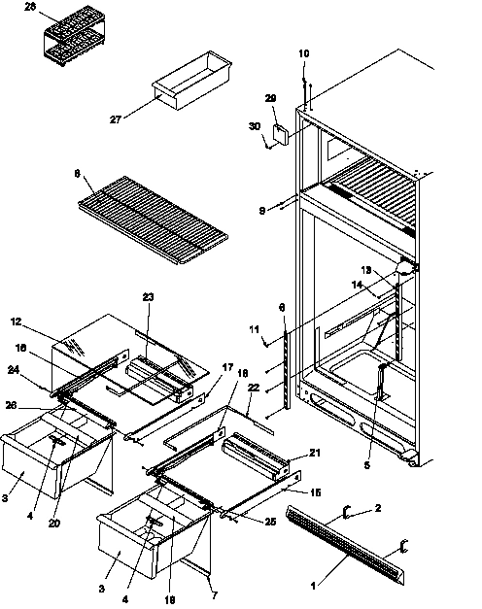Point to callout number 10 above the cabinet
coord(304,53)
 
